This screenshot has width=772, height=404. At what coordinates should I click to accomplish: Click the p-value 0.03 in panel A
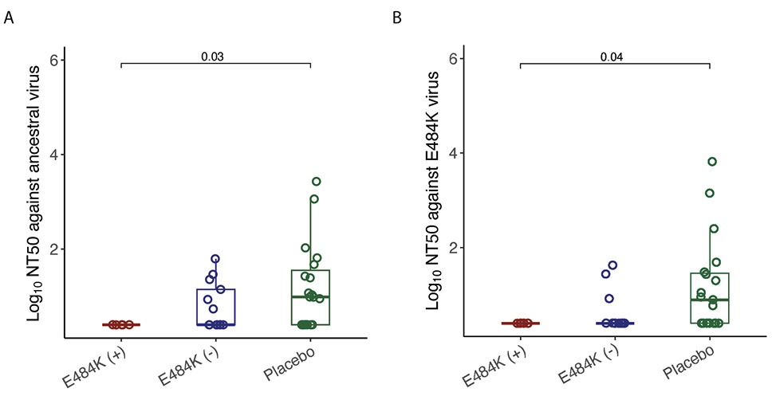click(x=211, y=56)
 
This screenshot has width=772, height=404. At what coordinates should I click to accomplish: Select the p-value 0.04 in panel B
click(x=612, y=56)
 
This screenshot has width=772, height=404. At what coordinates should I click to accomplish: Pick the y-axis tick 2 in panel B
click(x=451, y=247)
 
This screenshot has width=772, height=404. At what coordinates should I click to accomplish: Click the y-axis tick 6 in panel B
click(x=451, y=59)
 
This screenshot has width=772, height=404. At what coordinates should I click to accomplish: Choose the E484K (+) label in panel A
click(x=94, y=365)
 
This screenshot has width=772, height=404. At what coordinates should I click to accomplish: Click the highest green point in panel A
click(x=317, y=182)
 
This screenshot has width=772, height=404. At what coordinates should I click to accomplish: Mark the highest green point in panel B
click(x=712, y=162)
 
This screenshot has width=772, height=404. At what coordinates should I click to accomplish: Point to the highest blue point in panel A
click(x=215, y=259)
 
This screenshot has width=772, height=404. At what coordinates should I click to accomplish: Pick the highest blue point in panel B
click(x=613, y=265)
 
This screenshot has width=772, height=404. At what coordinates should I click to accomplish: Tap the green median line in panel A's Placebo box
click(x=311, y=296)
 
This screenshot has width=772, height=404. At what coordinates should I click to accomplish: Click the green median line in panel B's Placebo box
click(x=709, y=300)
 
